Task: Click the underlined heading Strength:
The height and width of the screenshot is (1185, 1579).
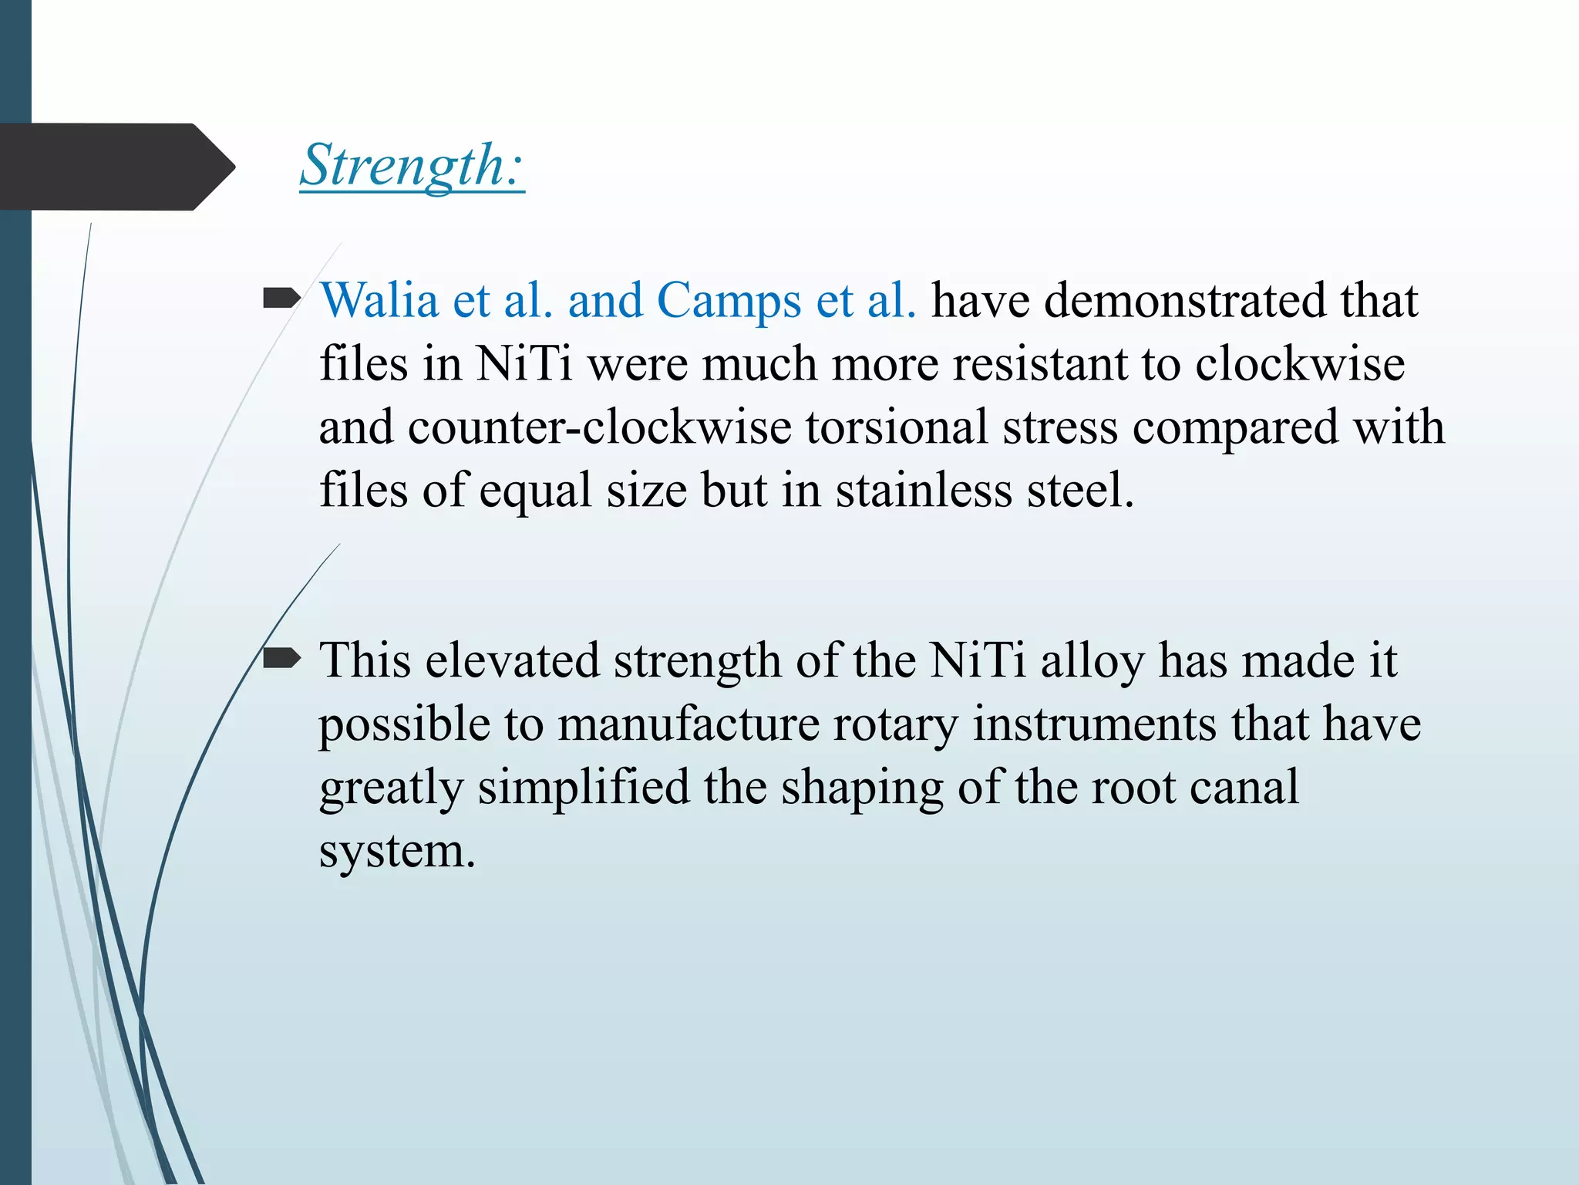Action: [x=412, y=166]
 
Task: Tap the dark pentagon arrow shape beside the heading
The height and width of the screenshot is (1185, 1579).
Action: [x=116, y=167]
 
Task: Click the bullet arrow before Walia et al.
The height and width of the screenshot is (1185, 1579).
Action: [x=281, y=298]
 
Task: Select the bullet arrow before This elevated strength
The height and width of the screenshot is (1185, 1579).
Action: [x=281, y=658]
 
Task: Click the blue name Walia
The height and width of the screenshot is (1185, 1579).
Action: [x=379, y=300]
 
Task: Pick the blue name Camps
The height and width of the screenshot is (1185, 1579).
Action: [x=729, y=300]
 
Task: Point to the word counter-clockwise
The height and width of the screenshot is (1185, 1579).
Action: [x=599, y=427]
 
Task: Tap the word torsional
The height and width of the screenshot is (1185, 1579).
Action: [x=896, y=427]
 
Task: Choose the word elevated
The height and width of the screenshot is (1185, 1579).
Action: [x=512, y=661]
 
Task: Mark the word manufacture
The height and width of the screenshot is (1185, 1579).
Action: [x=688, y=724]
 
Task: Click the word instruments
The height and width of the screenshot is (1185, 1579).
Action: [x=1094, y=724]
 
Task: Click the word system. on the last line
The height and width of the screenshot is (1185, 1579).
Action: [x=397, y=851]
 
